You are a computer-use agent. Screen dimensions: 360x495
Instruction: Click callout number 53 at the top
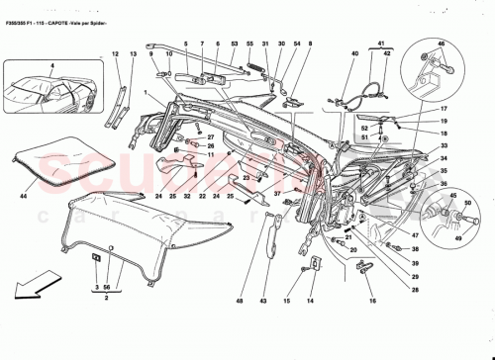(235, 45)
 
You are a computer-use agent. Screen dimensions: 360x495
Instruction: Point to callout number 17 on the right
(444, 109)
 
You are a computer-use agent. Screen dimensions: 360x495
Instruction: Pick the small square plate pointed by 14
(313, 264)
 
